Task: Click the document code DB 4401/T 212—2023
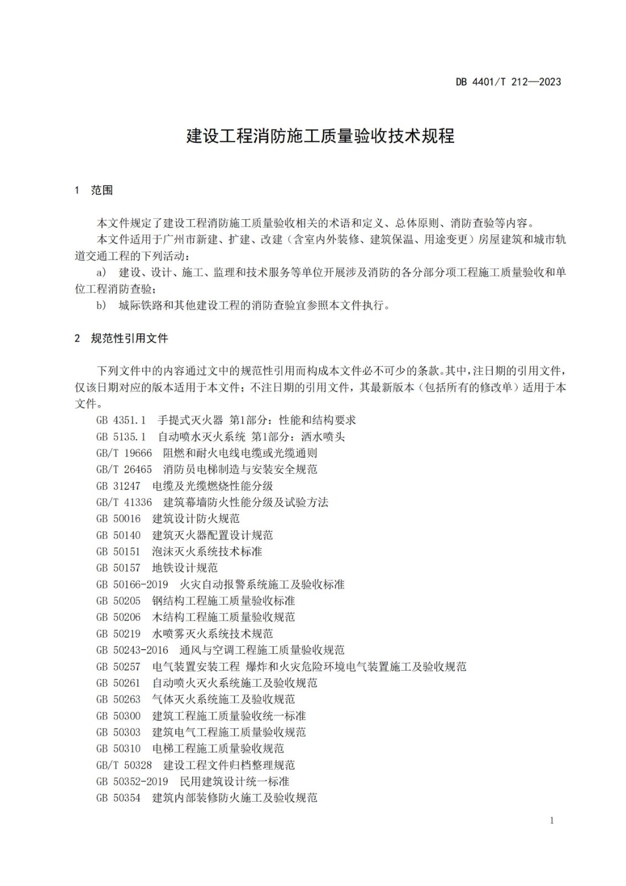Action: pos(508,82)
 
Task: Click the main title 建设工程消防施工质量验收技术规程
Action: pos(320,136)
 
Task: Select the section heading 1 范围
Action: pos(94,190)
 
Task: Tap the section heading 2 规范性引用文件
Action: pos(121,338)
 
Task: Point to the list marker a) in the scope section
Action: pos(101,272)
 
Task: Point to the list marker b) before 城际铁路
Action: pos(101,306)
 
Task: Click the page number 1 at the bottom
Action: pos(551,821)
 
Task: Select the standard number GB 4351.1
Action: pos(121,420)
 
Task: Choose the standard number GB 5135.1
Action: pos(121,437)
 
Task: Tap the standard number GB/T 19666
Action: pos(124,453)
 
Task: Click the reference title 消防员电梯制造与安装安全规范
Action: pos(240,470)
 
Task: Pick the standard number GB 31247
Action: pos(118,486)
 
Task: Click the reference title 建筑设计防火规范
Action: pos(196,519)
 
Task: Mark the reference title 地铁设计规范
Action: pos(185,568)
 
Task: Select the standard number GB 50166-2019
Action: pos(132,585)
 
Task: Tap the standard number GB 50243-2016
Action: pos(132,650)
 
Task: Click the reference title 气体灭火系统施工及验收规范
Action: pos(224,699)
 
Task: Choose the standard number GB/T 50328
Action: pos(124,765)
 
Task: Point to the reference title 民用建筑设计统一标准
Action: pos(235,782)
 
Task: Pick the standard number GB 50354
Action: pos(118,798)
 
